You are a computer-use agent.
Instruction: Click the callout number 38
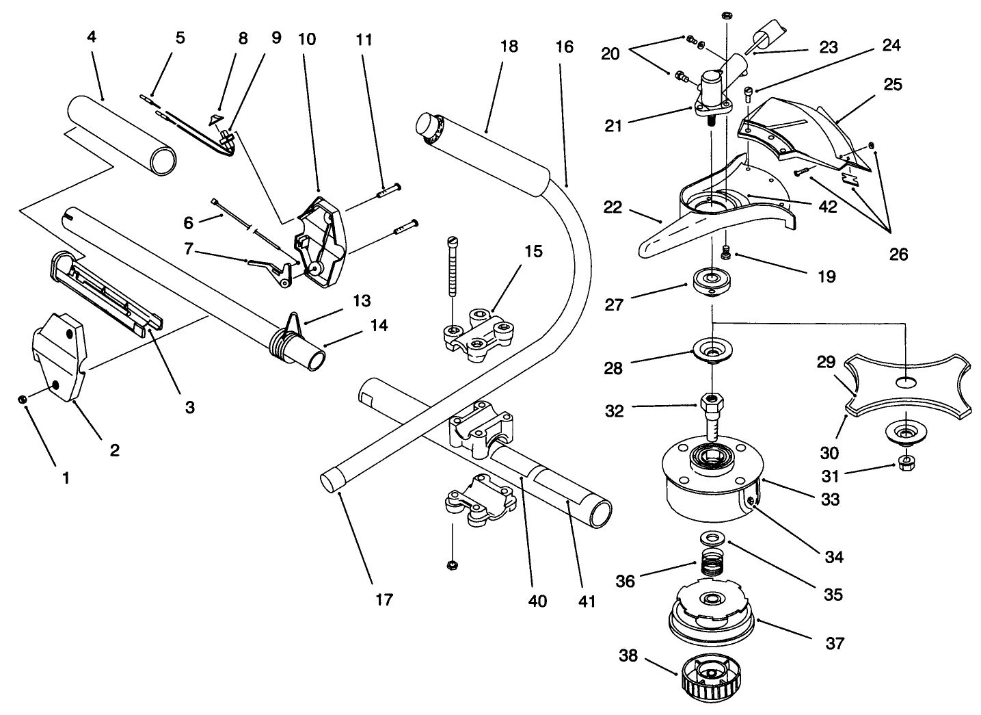click(628, 655)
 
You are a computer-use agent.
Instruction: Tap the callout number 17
click(384, 599)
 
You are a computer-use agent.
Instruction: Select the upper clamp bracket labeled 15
click(479, 331)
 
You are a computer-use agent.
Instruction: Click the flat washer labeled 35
click(714, 535)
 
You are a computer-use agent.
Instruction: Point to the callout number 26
click(898, 254)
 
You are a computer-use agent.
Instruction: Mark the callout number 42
click(828, 207)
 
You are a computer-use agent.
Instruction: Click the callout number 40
click(537, 601)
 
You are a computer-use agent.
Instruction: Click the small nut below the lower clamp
click(451, 564)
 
